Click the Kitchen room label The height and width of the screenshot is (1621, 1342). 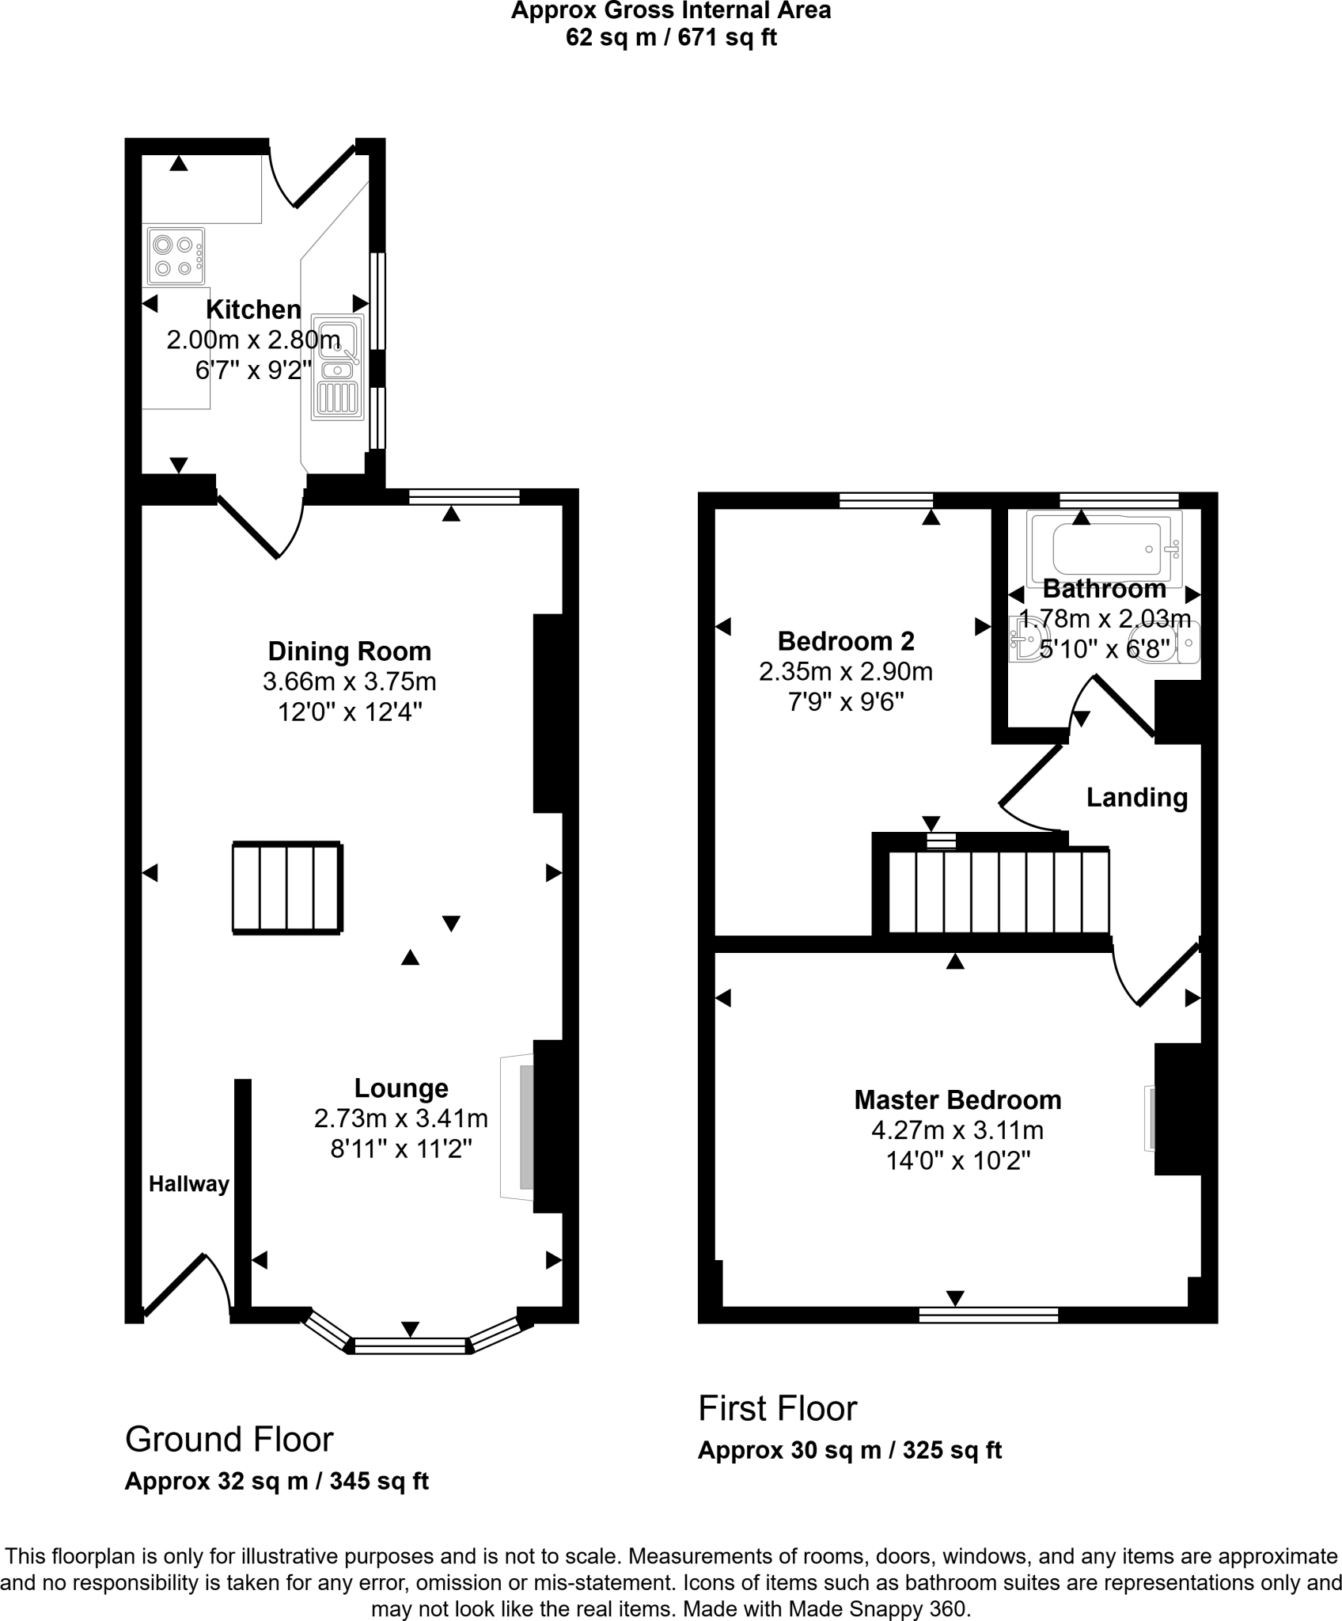[x=253, y=309]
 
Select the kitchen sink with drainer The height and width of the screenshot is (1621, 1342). [x=338, y=368]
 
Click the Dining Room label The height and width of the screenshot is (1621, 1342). [x=349, y=651]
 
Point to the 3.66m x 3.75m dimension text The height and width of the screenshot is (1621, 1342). [x=349, y=681]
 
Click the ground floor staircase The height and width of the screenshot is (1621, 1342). [x=287, y=888]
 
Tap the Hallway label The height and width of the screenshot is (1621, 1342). [x=188, y=1184]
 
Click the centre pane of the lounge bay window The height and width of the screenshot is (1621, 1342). [x=410, y=1346]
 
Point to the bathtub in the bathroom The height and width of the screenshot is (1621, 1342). [x=1105, y=549]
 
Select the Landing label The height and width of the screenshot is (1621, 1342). [x=1136, y=797]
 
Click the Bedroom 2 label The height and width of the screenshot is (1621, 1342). [x=845, y=640]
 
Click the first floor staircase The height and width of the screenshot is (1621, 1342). [x=999, y=891]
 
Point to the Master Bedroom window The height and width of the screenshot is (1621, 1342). [x=988, y=1315]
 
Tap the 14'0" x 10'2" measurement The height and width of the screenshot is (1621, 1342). [x=957, y=1161]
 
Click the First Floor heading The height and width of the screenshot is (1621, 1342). [x=777, y=1409]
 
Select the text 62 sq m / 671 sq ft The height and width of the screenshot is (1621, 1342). [x=670, y=37]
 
